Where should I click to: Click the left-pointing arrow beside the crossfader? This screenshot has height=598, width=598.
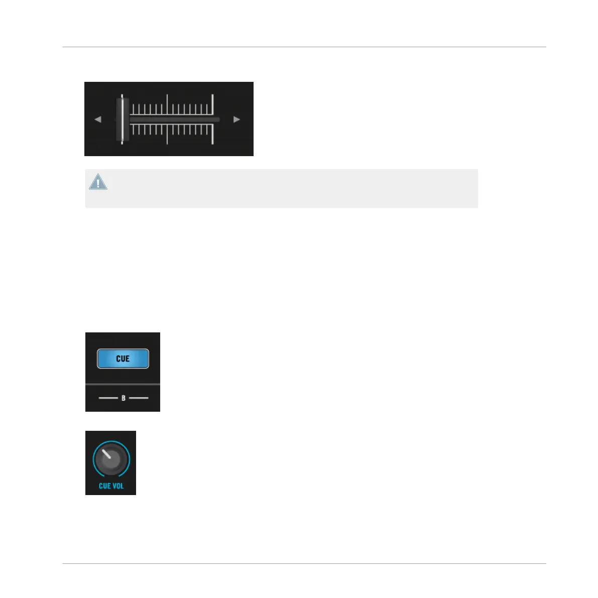(98, 119)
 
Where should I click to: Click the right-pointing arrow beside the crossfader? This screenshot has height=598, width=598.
(236, 119)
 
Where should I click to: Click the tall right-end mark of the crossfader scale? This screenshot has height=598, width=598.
(213, 119)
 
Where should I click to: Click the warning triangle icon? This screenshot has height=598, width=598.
(98, 182)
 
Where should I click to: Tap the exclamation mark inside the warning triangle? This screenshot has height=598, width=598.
(98, 183)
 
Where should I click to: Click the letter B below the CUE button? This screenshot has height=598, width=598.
(123, 398)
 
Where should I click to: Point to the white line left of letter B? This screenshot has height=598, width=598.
(108, 398)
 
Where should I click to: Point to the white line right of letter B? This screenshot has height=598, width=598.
(139, 398)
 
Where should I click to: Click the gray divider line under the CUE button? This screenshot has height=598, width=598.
(123, 384)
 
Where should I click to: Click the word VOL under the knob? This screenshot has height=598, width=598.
(118, 486)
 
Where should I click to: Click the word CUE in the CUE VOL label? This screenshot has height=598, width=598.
(104, 486)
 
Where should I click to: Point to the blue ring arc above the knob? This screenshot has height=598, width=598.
(111, 442)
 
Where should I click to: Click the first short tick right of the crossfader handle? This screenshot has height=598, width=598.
(132, 109)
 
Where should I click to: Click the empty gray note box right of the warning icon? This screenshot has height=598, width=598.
(291, 188)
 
